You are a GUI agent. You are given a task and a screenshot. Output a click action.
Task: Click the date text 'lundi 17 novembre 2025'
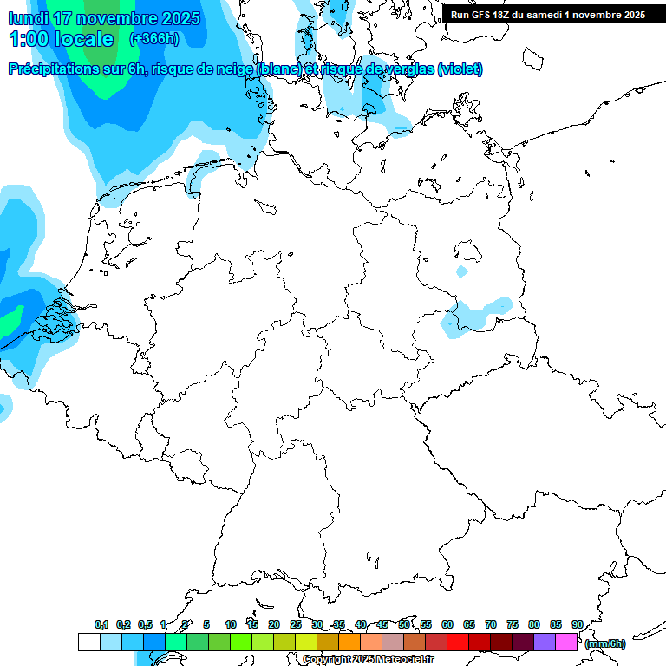(104, 18)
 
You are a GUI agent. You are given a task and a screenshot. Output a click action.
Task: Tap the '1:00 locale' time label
(61, 39)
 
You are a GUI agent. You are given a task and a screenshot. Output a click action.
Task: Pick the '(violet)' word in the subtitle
(460, 69)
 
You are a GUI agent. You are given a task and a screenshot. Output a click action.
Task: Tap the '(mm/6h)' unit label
(605, 643)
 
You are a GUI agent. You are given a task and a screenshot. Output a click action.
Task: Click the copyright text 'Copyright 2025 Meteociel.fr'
(368, 660)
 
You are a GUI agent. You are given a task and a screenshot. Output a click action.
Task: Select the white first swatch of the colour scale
(88, 643)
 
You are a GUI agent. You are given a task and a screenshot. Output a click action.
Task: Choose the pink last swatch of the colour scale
(566, 643)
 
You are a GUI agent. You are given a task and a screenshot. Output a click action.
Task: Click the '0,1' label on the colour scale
(101, 624)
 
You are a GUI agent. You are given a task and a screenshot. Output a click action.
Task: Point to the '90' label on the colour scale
(577, 624)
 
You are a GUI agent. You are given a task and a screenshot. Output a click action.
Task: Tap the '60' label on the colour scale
(447, 624)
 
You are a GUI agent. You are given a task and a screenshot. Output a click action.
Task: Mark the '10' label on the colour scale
(231, 624)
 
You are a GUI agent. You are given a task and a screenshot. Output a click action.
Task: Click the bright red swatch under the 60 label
(458, 643)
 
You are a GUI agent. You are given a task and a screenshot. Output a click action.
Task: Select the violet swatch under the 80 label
(545, 643)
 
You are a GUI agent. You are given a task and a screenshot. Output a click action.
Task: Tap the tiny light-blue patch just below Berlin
(462, 272)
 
